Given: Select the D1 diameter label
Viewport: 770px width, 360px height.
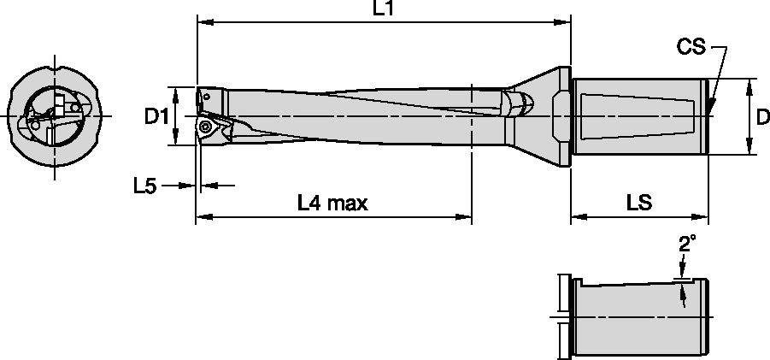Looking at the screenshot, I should click(x=155, y=116).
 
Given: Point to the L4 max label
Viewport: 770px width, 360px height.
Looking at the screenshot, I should click(x=332, y=203).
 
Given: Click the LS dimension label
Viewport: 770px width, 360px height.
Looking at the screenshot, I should click(x=639, y=203).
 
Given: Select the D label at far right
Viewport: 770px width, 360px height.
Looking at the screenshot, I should click(x=763, y=116).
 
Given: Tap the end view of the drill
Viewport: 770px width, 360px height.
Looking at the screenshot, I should click(x=56, y=116).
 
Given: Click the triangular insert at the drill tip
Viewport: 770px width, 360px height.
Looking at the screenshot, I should click(x=209, y=128).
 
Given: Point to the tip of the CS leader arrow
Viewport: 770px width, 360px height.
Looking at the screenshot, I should click(x=711, y=112).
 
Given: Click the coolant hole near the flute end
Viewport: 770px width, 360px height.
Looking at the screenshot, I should click(x=520, y=104).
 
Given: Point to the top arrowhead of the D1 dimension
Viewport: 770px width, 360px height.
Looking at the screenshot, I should click(x=176, y=91).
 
